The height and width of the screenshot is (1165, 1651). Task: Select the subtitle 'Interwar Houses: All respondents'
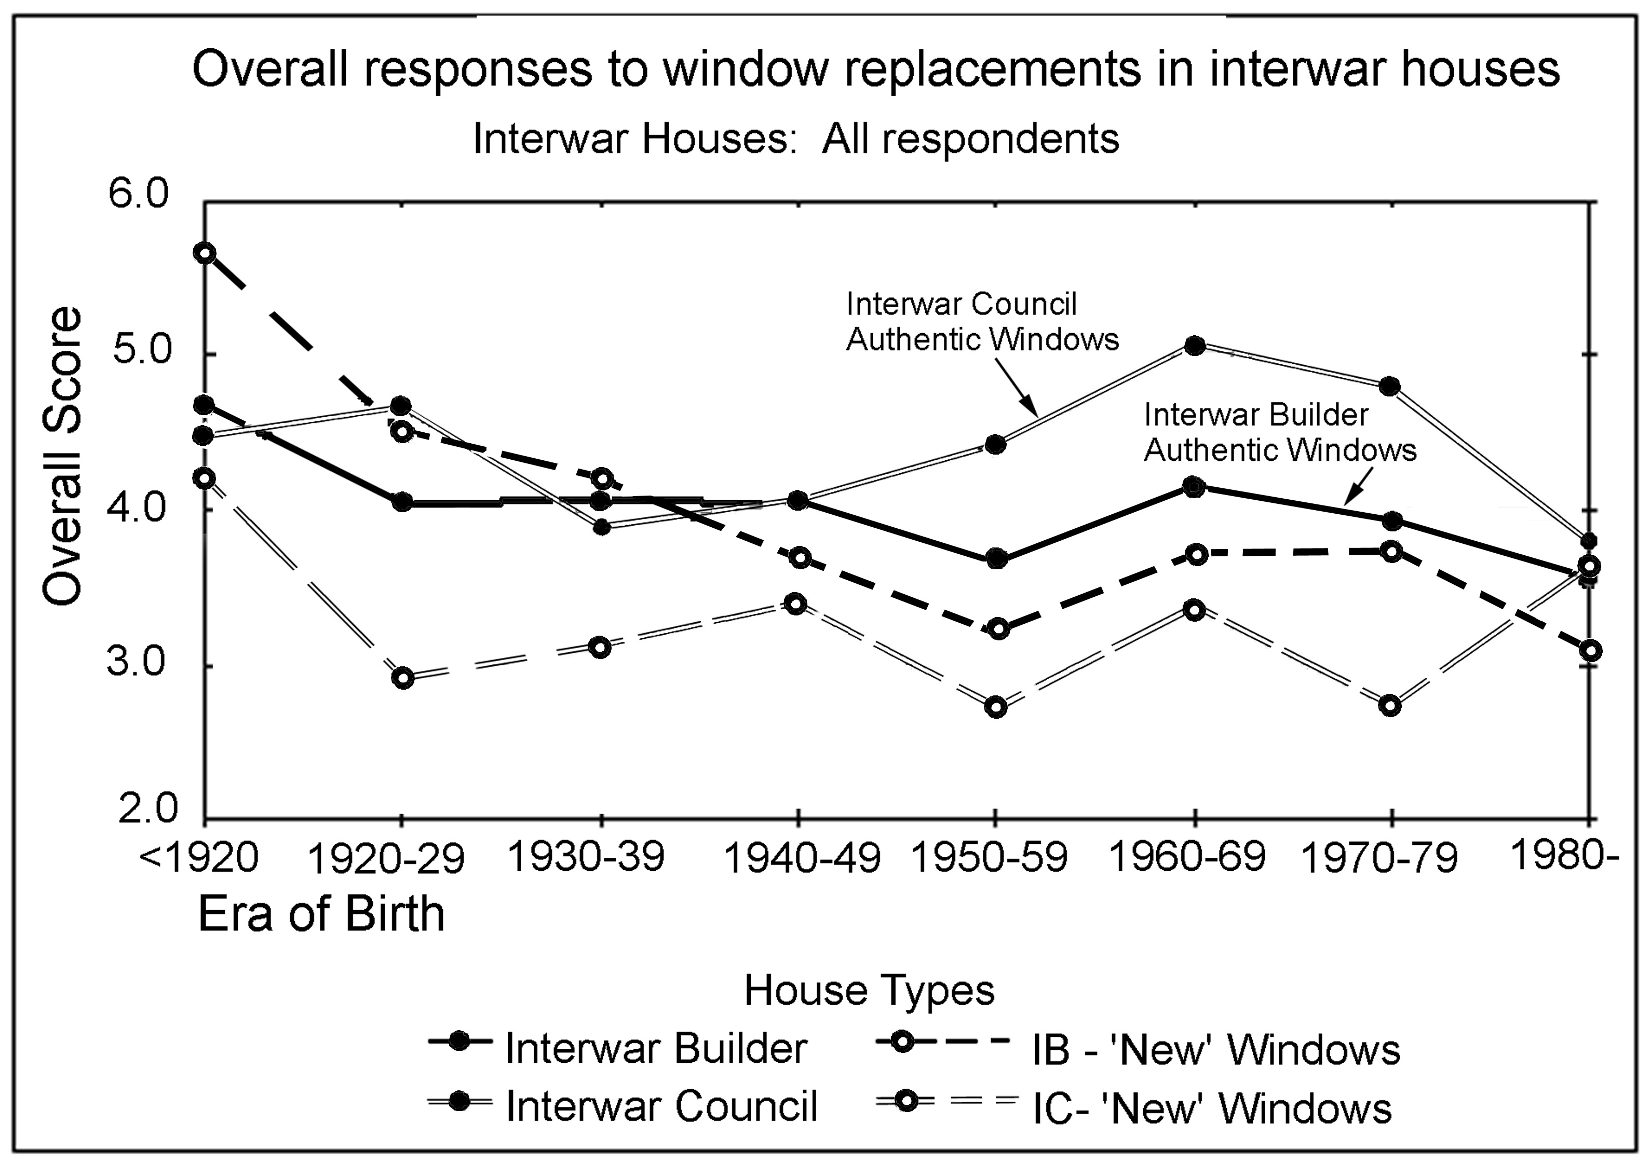pos(795,138)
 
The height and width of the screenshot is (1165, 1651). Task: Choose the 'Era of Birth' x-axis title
pos(321,914)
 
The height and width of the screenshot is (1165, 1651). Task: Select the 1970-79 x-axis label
pos(1379,859)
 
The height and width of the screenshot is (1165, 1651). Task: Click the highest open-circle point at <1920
pos(205,253)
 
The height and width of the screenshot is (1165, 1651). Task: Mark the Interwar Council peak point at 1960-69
pos(1195,346)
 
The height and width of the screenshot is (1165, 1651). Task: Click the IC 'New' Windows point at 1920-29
pos(403,678)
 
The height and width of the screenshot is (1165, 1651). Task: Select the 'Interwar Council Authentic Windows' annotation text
pos(982,321)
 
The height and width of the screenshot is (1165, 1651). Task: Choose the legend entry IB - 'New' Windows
pos(1215,1050)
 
